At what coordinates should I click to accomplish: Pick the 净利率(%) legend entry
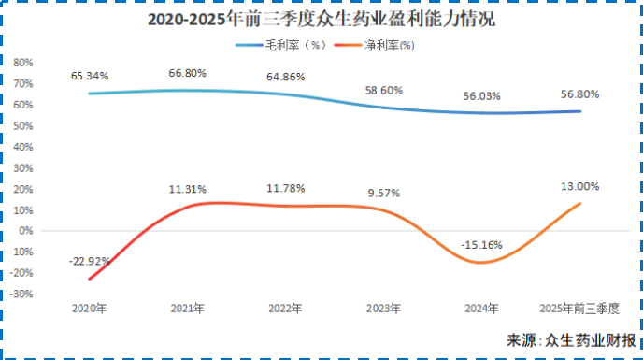pos(379,44)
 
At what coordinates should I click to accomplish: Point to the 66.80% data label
pos(187,72)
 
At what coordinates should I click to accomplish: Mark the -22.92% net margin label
pos(90,261)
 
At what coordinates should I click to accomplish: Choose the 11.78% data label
pos(285,188)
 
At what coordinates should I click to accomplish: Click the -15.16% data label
pos(482,245)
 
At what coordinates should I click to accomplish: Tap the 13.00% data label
pos(580,186)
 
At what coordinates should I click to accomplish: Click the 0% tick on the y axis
pos(27,230)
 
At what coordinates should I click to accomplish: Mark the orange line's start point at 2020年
pos(90,279)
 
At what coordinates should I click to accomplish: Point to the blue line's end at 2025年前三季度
pos(580,111)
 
